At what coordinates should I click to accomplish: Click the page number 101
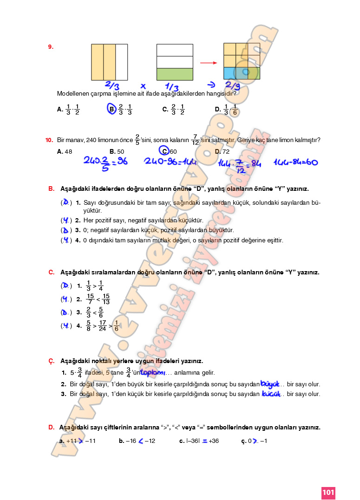328,492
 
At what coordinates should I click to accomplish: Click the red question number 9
51,46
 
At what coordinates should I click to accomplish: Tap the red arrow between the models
209,63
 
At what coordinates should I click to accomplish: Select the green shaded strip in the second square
175,74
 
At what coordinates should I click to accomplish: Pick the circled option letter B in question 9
111,110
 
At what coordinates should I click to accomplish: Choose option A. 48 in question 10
65,151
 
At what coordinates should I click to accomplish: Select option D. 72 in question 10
222,151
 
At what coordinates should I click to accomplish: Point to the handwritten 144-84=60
295,162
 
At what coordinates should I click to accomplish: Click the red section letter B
51,189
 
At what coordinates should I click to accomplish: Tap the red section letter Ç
51,361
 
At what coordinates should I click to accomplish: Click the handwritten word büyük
270,383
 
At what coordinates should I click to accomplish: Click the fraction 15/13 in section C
106,299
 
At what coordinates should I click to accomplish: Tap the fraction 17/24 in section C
103,325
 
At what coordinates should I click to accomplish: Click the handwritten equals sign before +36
204,441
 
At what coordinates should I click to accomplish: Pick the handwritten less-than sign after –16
140,441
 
